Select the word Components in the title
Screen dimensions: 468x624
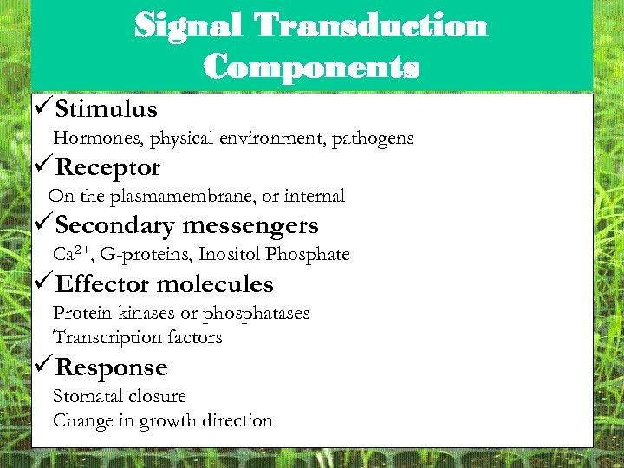click(x=312, y=66)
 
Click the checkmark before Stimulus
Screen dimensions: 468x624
click(x=42, y=108)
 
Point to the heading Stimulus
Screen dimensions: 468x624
click(x=106, y=109)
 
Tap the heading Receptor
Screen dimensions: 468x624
click(x=107, y=167)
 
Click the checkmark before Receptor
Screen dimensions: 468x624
click(x=42, y=166)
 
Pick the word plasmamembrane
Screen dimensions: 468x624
click(x=182, y=197)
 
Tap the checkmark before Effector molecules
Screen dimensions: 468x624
click(x=42, y=283)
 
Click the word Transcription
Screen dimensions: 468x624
click(x=101, y=337)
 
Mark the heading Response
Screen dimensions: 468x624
click(x=111, y=367)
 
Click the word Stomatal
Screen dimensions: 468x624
click(x=87, y=396)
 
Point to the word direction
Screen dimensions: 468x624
click(x=237, y=421)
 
